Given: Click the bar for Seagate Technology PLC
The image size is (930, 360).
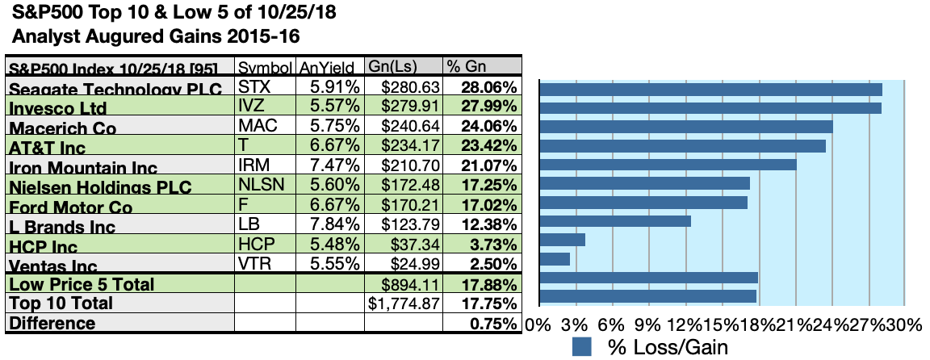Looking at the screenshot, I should pos(710,90).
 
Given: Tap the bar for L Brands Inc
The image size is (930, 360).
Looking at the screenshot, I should pos(614,221).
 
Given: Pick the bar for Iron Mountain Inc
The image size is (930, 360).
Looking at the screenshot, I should pos(667,165).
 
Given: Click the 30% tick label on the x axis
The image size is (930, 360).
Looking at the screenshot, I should pos(903,324).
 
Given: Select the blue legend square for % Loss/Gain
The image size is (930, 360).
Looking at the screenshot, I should pos(582,348).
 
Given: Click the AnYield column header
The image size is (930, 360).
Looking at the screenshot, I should pos(329,67).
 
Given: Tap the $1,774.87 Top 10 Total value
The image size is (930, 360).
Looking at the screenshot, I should pos(404,303).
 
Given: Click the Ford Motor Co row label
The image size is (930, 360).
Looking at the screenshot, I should pos(65,206).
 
